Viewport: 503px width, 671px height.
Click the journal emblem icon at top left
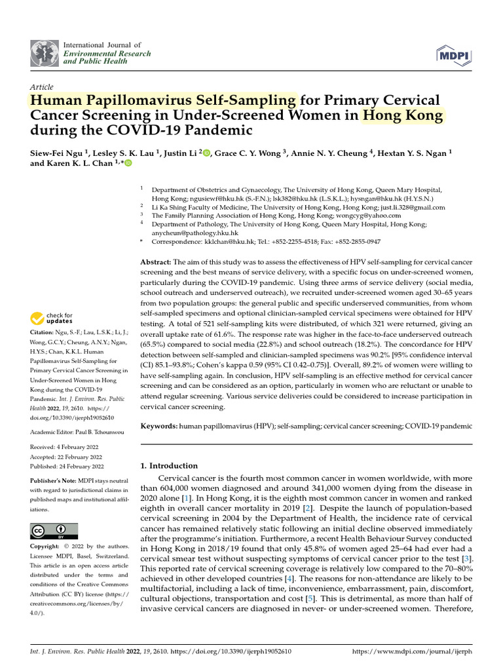pos(44,50)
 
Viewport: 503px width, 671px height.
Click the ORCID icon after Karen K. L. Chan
pos(127,164)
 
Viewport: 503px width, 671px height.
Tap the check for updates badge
pos(53,318)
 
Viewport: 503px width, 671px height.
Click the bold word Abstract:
pos(156,261)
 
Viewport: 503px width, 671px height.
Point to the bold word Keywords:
pos(159,426)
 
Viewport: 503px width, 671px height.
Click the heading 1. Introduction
pos(170,465)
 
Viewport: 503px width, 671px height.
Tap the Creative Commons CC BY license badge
pos(54,530)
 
